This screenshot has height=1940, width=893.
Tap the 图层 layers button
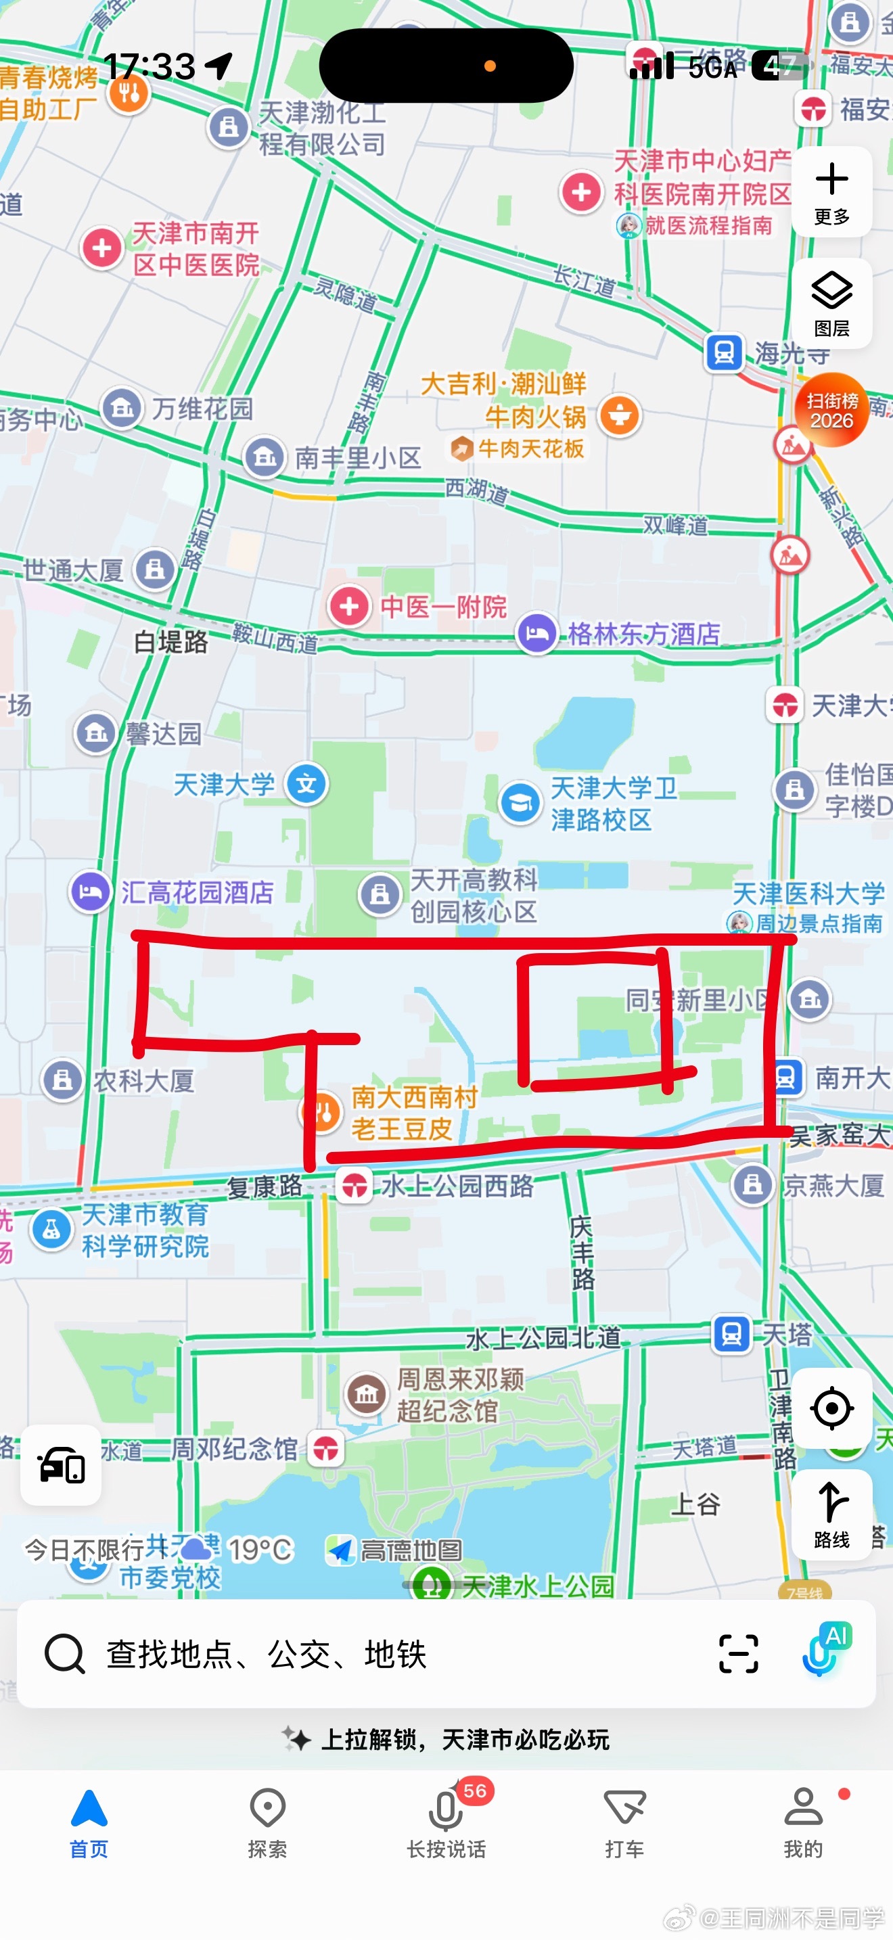pos(831,303)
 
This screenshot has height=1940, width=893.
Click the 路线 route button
pos(831,1514)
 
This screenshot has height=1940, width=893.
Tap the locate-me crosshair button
pos(831,1408)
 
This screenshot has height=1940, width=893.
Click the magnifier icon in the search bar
pos(65,1654)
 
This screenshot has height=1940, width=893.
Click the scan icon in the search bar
pos(738,1654)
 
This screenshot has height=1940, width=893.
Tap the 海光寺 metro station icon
pos(725,352)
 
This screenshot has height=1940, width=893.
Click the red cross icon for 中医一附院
pos(349,606)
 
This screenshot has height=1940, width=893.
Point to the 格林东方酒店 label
pos(644,634)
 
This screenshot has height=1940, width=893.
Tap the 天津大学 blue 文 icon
pos(306,784)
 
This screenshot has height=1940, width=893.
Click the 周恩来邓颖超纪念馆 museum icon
pos(367,1394)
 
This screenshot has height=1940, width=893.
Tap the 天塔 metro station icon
pos(731,1335)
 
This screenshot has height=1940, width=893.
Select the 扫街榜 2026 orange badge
pos(831,410)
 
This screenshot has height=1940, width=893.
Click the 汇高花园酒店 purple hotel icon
pos(91,892)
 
